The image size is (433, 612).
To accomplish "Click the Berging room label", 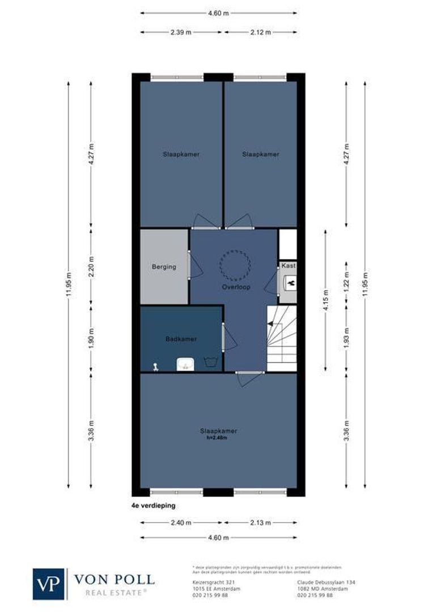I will click(164, 266).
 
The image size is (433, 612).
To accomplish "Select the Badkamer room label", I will click(181, 339).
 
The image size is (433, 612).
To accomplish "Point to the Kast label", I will click(288, 265).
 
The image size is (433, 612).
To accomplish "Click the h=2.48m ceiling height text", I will click(218, 437).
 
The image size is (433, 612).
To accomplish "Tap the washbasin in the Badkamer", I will click(185, 363).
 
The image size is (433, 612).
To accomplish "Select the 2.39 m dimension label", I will click(180, 32).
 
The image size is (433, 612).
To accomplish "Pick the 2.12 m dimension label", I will click(261, 32).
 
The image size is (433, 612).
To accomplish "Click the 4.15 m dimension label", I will click(325, 298).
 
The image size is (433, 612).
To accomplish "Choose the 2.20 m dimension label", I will click(91, 266).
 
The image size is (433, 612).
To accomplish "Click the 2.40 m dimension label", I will click(180, 522).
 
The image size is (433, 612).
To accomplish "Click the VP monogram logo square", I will click(49, 584).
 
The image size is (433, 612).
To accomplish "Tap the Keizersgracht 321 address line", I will click(207, 582).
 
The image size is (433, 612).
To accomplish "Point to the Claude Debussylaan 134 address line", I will click(326, 582).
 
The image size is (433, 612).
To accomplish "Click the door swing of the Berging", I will click(196, 266).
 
